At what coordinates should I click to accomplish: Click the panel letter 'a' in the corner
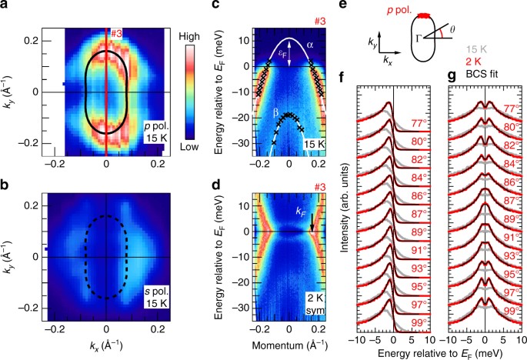6,6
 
